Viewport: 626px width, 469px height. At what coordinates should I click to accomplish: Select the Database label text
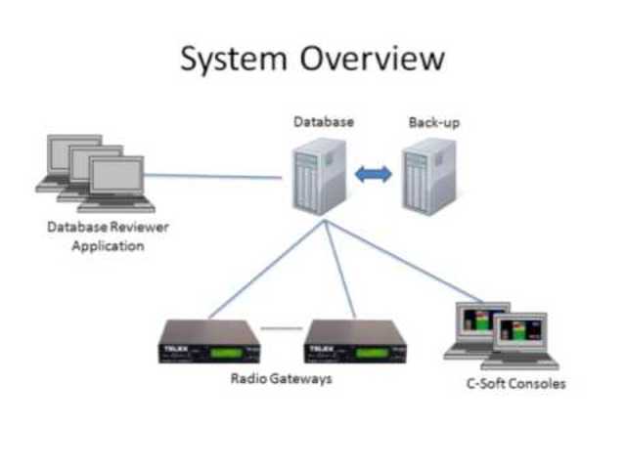click(323, 122)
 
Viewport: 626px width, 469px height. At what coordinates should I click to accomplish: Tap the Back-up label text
click(432, 122)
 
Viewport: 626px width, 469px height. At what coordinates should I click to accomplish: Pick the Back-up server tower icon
click(428, 176)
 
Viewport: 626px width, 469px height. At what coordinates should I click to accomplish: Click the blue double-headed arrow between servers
click(373, 174)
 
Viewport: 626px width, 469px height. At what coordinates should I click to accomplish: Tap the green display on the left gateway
click(222, 348)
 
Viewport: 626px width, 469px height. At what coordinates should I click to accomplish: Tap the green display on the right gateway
click(371, 348)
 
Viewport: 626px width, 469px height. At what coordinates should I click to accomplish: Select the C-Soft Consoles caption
click(515, 384)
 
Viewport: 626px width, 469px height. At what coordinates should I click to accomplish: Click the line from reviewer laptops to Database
click(215, 177)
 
